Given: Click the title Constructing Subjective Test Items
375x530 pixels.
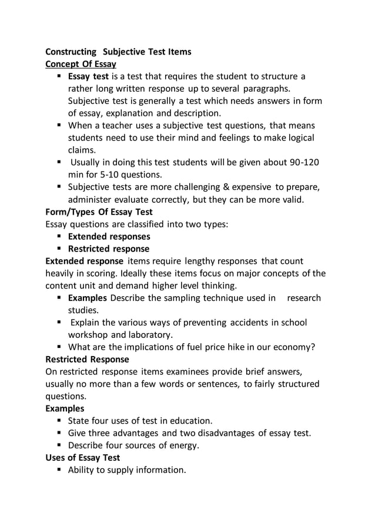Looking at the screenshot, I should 118,52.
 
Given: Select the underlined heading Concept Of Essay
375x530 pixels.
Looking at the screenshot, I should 81,64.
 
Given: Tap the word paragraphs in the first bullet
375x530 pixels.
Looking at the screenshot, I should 263,89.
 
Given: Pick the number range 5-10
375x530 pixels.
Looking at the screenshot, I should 101,175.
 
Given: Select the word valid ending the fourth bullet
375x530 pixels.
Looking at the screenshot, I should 292,200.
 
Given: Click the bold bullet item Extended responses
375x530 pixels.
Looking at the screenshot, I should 109,237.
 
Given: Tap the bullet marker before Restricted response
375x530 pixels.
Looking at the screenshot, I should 59,249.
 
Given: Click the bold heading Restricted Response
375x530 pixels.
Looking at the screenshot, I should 87,359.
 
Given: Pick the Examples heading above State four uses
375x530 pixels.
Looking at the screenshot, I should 65,408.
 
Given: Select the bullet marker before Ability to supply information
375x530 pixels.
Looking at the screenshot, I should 59,470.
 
